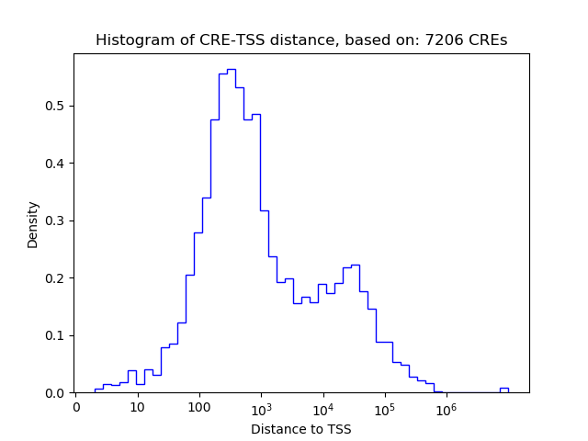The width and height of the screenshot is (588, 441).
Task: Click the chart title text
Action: (301, 40)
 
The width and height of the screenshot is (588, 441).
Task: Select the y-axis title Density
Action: (33, 223)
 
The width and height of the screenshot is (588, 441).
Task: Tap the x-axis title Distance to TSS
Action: (301, 429)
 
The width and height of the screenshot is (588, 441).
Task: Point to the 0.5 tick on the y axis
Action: (56, 106)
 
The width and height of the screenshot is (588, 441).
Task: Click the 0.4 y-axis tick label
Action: (56, 164)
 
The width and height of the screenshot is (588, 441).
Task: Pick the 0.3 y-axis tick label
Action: (56, 220)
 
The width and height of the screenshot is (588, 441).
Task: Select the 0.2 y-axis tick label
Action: (56, 278)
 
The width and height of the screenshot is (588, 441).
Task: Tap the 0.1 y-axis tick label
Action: (56, 335)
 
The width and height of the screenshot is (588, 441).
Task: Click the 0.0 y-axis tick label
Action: (56, 393)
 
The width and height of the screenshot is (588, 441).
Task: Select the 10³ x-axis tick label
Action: (261, 406)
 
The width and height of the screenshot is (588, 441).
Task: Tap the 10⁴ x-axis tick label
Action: (322, 406)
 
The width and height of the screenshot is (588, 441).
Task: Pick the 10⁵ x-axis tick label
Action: (384, 406)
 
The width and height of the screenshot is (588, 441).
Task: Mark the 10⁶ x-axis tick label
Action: (446, 406)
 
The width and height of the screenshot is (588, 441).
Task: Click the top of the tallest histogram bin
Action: (231, 69)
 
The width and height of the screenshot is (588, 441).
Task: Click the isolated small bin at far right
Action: (503, 390)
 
